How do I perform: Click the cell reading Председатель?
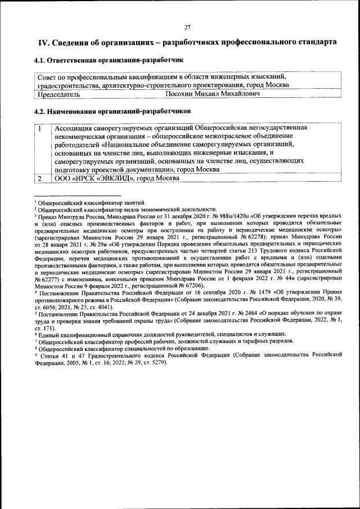coord(57,94)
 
